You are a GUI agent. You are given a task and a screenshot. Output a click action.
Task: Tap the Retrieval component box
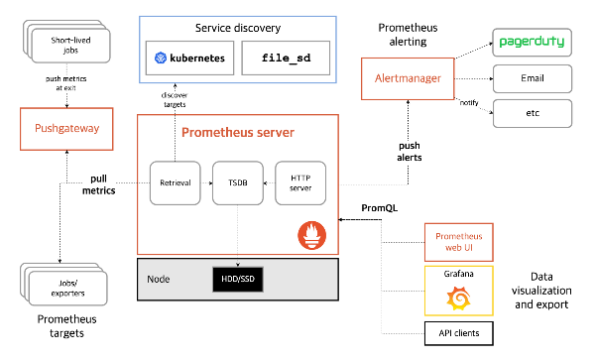click(x=176, y=182)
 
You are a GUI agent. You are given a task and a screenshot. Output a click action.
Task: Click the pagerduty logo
click(x=533, y=44)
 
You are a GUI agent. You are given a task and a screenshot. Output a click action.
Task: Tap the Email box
click(x=533, y=78)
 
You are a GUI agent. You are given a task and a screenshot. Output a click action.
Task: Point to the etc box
click(x=533, y=112)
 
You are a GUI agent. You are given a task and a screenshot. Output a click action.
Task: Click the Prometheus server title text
click(x=237, y=132)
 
